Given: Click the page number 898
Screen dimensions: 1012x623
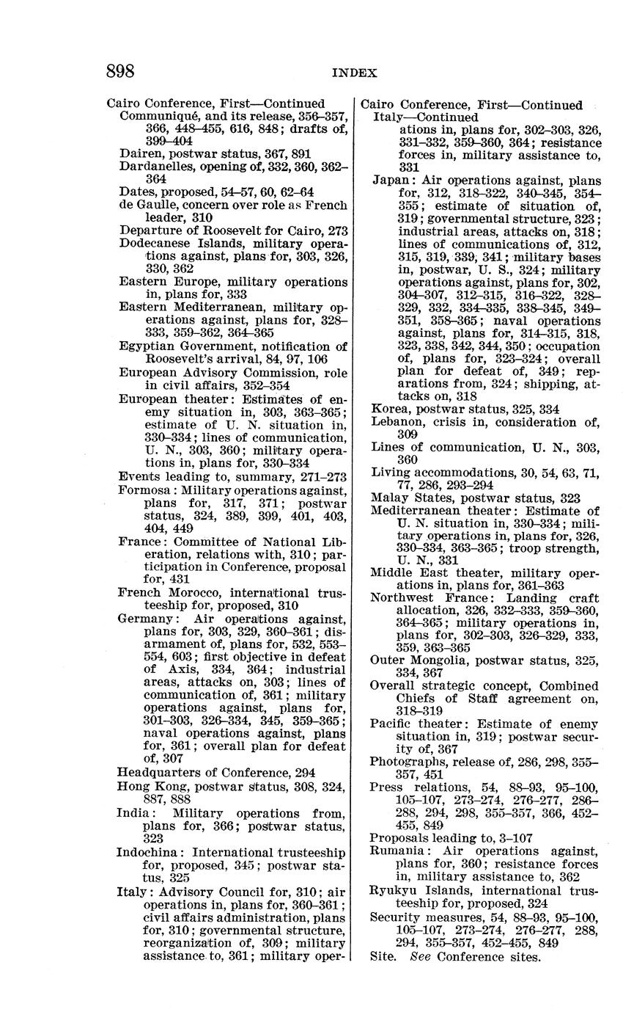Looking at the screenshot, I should pyautogui.click(x=121, y=71).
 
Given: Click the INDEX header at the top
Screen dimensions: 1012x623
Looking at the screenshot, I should pyautogui.click(x=355, y=73).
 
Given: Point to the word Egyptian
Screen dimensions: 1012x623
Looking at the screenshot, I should pyautogui.click(x=144, y=346).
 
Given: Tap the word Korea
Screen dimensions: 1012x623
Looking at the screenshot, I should pyautogui.click(x=388, y=409).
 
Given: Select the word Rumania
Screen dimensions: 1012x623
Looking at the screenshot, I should pyautogui.click(x=397, y=851).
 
